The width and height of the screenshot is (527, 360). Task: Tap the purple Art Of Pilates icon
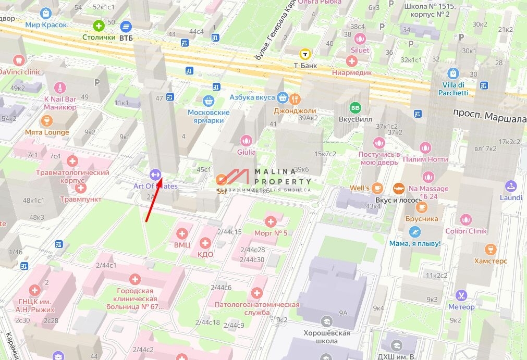[x=155, y=174]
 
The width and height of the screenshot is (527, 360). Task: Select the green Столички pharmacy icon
[x=99, y=25]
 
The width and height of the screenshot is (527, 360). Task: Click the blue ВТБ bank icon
[x=126, y=26]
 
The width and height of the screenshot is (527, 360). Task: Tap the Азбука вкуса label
[x=252, y=97]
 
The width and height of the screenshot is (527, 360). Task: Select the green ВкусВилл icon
[x=356, y=107]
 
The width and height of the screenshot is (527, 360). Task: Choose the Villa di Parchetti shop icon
[x=453, y=73]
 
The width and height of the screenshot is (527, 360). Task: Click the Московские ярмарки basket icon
[x=209, y=101]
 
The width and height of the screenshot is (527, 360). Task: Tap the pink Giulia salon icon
[x=246, y=140]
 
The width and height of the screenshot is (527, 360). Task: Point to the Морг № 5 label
[x=271, y=232]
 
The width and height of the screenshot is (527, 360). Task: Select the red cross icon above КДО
[x=205, y=243]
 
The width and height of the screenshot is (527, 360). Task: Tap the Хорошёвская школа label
[x=327, y=337]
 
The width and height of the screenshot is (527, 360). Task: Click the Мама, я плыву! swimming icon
[x=415, y=232]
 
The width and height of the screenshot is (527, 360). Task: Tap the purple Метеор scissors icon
[x=461, y=295]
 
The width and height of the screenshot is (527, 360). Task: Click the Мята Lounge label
[x=47, y=132]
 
